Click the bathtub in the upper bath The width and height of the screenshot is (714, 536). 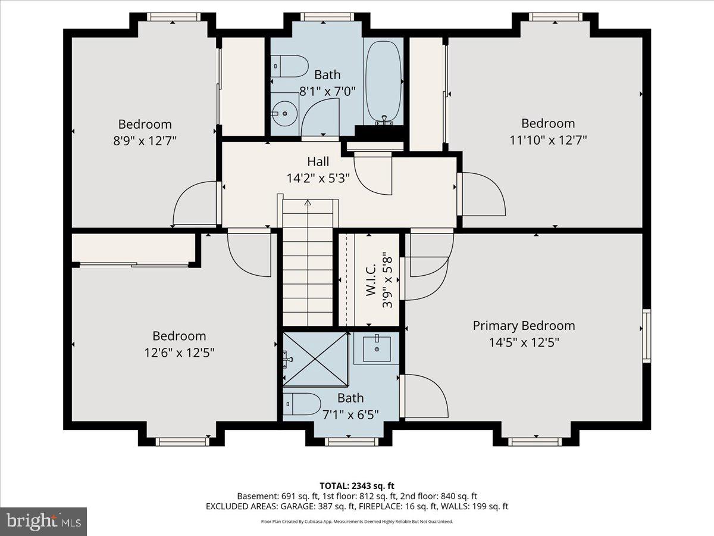click(384, 82)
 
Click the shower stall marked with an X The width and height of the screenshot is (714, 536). click(316, 359)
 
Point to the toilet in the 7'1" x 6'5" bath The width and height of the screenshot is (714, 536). click(302, 404)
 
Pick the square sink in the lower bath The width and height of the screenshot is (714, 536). click(376, 348)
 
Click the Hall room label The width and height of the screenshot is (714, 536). click(318, 161)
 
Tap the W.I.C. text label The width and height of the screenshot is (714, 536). click(371, 280)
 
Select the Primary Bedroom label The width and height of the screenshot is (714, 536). click(524, 326)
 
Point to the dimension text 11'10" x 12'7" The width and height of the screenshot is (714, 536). click(548, 140)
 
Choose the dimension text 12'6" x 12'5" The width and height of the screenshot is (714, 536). click(179, 352)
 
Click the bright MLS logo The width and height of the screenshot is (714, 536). click(43, 522)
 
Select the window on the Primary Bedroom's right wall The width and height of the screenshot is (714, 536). click(646, 335)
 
